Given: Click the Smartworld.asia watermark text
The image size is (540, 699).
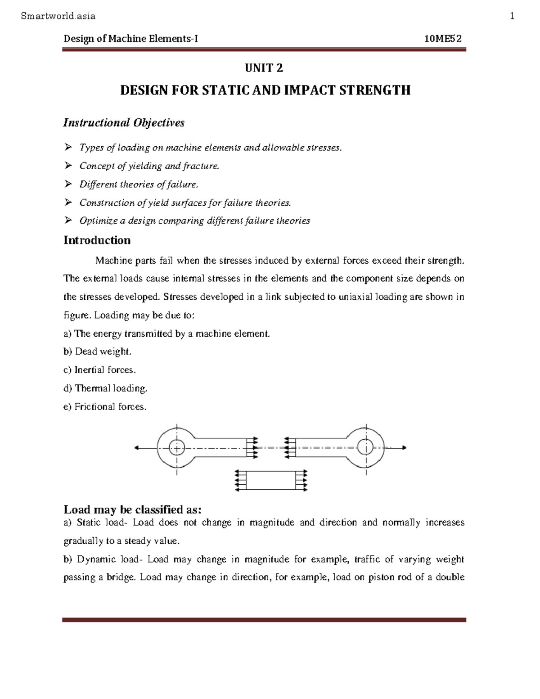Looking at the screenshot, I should click(58, 16).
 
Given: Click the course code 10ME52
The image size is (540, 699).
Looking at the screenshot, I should click(443, 39).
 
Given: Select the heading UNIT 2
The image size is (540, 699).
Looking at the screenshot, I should click(264, 68).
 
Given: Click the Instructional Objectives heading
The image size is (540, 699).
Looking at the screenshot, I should click(124, 122).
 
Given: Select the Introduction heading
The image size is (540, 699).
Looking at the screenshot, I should click(97, 240).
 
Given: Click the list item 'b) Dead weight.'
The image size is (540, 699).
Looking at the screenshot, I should click(97, 352).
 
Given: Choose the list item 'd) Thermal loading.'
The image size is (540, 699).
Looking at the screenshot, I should click(105, 388).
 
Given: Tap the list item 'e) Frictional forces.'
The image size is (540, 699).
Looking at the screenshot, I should click(105, 406).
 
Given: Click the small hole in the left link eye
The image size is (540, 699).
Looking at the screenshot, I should click(177, 447).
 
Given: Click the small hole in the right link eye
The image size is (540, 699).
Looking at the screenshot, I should click(366, 447).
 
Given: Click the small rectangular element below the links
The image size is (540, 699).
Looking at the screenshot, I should click(271, 480).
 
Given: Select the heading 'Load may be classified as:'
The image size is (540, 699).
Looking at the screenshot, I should click(132, 510).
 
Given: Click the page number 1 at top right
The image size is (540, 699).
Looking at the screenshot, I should click(512, 16).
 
